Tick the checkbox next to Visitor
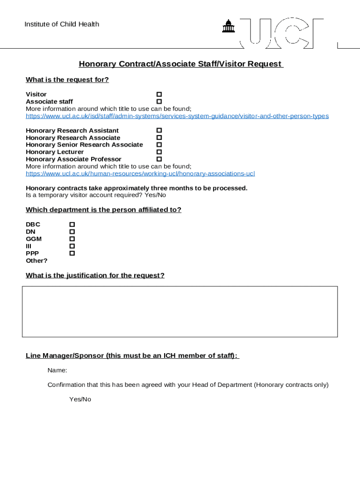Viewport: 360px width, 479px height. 159,94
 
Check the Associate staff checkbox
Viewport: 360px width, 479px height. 159,102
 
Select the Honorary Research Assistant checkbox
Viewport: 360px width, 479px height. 159,131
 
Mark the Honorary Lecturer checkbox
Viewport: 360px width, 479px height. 159,152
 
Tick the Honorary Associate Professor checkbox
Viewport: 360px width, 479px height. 159,159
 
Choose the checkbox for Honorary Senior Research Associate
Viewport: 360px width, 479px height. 159,145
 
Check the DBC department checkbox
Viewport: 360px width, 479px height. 72,225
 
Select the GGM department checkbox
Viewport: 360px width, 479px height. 72,239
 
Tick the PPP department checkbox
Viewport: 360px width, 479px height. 72,253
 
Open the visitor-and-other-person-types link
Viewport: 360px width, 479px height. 177,116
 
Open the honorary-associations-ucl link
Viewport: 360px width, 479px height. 140,174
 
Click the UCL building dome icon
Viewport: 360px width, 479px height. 229,27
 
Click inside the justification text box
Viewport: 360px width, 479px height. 180,312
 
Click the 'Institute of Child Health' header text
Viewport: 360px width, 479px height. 62,24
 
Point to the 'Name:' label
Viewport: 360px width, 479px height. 57,370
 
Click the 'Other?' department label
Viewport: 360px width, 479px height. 36,261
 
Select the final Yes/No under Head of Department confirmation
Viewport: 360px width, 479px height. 80,399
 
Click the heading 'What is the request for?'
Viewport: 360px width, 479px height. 67,80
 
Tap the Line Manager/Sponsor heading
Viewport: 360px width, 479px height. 132,356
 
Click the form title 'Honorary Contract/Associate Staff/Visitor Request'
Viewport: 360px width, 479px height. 180,64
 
